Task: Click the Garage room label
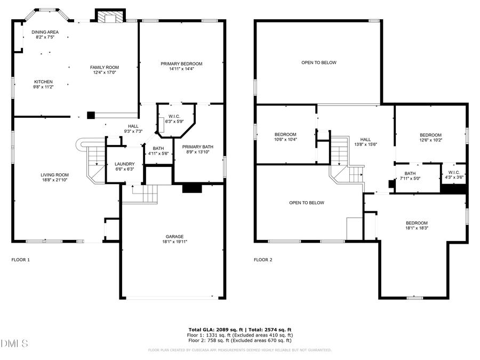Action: point(174,236)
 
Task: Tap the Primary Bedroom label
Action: point(181,64)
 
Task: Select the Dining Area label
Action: point(45,32)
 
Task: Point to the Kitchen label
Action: point(44,82)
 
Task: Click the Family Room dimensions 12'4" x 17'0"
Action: point(104,73)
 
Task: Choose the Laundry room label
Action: point(125,164)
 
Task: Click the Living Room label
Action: point(55,175)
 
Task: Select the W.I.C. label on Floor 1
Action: point(174,116)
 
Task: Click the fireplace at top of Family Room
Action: point(110,17)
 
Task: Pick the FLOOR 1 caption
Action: point(21,260)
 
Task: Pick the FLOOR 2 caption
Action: point(263,260)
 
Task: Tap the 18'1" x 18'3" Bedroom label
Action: point(417,223)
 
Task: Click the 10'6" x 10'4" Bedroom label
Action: point(285,134)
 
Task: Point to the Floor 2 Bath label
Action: point(410,173)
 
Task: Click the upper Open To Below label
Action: point(319,63)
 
